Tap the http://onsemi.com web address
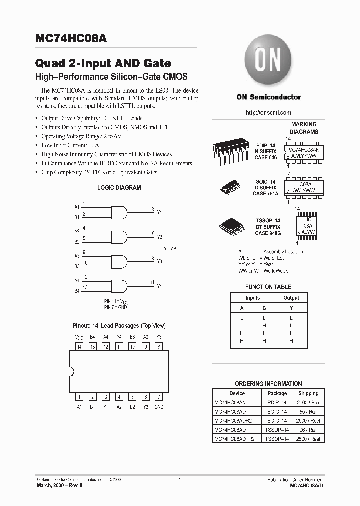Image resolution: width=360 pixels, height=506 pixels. pos(268,113)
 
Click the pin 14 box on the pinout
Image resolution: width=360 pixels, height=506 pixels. pos(79,346)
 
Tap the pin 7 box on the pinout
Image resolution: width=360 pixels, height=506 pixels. pos(159,397)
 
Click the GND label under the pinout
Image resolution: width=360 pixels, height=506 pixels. pos(159,407)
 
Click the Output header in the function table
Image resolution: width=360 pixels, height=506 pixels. pos(291,298)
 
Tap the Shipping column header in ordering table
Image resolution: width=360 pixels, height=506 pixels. pos(308,393)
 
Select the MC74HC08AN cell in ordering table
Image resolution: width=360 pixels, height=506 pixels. pos(230,402)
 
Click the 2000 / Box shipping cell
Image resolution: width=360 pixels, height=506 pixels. pos(308,402)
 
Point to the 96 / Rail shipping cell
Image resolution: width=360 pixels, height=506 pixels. pos(308,429)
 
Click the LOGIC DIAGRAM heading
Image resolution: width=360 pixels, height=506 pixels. pos(119,188)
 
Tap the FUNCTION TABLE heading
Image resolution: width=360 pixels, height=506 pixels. pos(268,287)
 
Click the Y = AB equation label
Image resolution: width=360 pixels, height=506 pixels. pos(170,248)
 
